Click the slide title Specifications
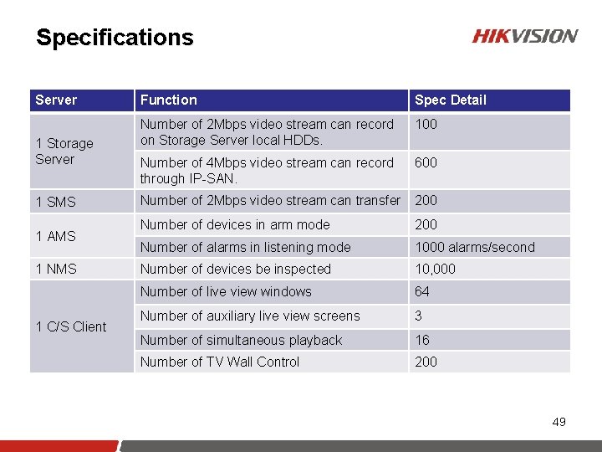(x=115, y=38)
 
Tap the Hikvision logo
(x=524, y=36)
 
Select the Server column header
(x=56, y=100)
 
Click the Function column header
(x=169, y=100)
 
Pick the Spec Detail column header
(x=450, y=100)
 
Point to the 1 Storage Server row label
(x=64, y=152)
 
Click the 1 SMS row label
(x=55, y=202)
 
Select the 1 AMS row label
(x=55, y=236)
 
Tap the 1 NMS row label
(x=55, y=269)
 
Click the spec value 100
(x=426, y=124)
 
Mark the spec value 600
(x=426, y=162)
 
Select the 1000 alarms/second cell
(x=474, y=247)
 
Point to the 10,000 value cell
(x=435, y=269)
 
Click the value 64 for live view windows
(x=422, y=291)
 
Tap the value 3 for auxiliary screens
(x=419, y=316)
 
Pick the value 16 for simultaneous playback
(x=422, y=340)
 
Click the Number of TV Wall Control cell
(x=219, y=362)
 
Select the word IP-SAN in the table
(x=214, y=178)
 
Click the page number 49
(x=559, y=422)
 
